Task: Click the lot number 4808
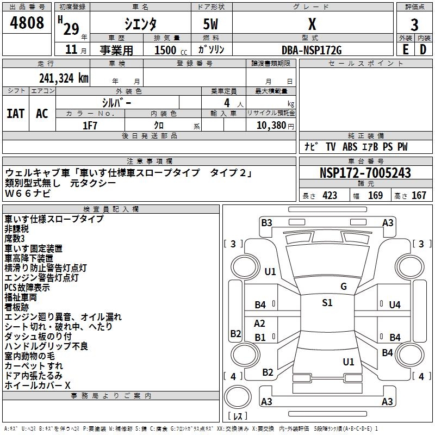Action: click(27, 23)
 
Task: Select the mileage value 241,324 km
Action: click(64, 78)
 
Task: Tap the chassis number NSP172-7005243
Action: click(365, 173)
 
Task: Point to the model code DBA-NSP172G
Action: click(312, 50)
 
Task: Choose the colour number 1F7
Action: click(90, 125)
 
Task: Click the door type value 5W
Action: click(212, 24)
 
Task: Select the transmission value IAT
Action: click(15, 114)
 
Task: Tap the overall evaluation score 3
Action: click(414, 24)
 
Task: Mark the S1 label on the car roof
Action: click(327, 303)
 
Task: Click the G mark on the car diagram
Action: click(343, 287)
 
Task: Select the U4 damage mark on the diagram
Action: click(395, 305)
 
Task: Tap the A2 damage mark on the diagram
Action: click(260, 324)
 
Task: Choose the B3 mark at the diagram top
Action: click(266, 222)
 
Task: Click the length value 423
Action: click(330, 196)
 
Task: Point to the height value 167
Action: click(419, 196)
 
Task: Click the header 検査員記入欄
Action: click(111, 209)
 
